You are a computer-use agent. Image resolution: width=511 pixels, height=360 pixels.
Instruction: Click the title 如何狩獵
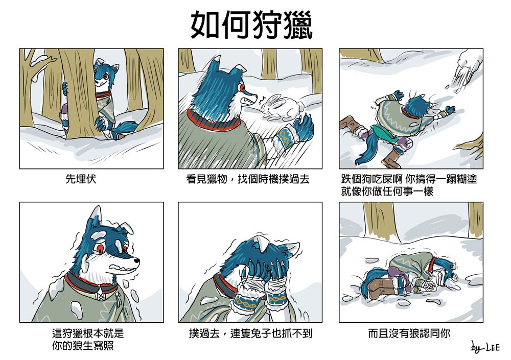[x=251, y=25]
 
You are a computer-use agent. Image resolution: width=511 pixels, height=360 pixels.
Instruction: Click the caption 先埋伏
[x=81, y=179]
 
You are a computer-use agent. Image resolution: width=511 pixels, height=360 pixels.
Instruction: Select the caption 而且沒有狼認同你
[x=409, y=333]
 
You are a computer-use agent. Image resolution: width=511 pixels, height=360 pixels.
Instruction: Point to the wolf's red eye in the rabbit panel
[x=242, y=88]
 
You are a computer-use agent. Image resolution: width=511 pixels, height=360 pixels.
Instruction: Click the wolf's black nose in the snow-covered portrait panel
[x=137, y=260]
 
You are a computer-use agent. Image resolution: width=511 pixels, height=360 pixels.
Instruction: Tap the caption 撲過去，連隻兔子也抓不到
[x=250, y=333]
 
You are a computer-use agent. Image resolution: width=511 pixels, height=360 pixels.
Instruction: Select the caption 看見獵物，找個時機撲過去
[x=248, y=179]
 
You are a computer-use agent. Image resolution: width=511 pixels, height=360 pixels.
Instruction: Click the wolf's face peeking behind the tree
[x=104, y=78]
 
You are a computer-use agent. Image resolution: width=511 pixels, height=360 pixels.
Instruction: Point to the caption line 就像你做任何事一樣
[x=387, y=191]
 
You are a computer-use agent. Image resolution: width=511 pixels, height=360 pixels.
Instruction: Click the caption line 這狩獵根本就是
[x=88, y=333]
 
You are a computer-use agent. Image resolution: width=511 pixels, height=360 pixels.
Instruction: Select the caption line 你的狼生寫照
[x=83, y=345]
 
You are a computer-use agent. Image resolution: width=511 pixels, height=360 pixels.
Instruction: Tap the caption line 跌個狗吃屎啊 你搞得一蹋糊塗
[x=409, y=179]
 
